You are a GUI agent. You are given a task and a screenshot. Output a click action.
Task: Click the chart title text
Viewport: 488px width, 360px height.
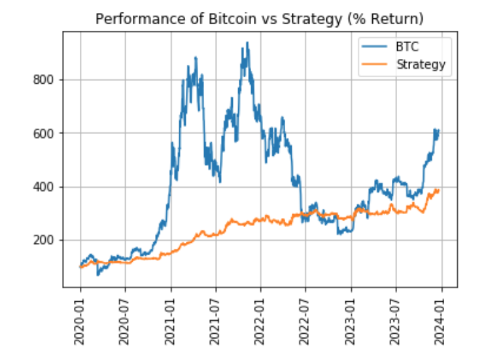pyautogui.click(x=260, y=19)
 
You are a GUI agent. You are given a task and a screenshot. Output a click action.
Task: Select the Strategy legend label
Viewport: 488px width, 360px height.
pyautogui.click(x=421, y=63)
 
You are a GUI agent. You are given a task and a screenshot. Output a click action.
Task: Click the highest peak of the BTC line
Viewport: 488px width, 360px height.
pyautogui.click(x=247, y=43)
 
